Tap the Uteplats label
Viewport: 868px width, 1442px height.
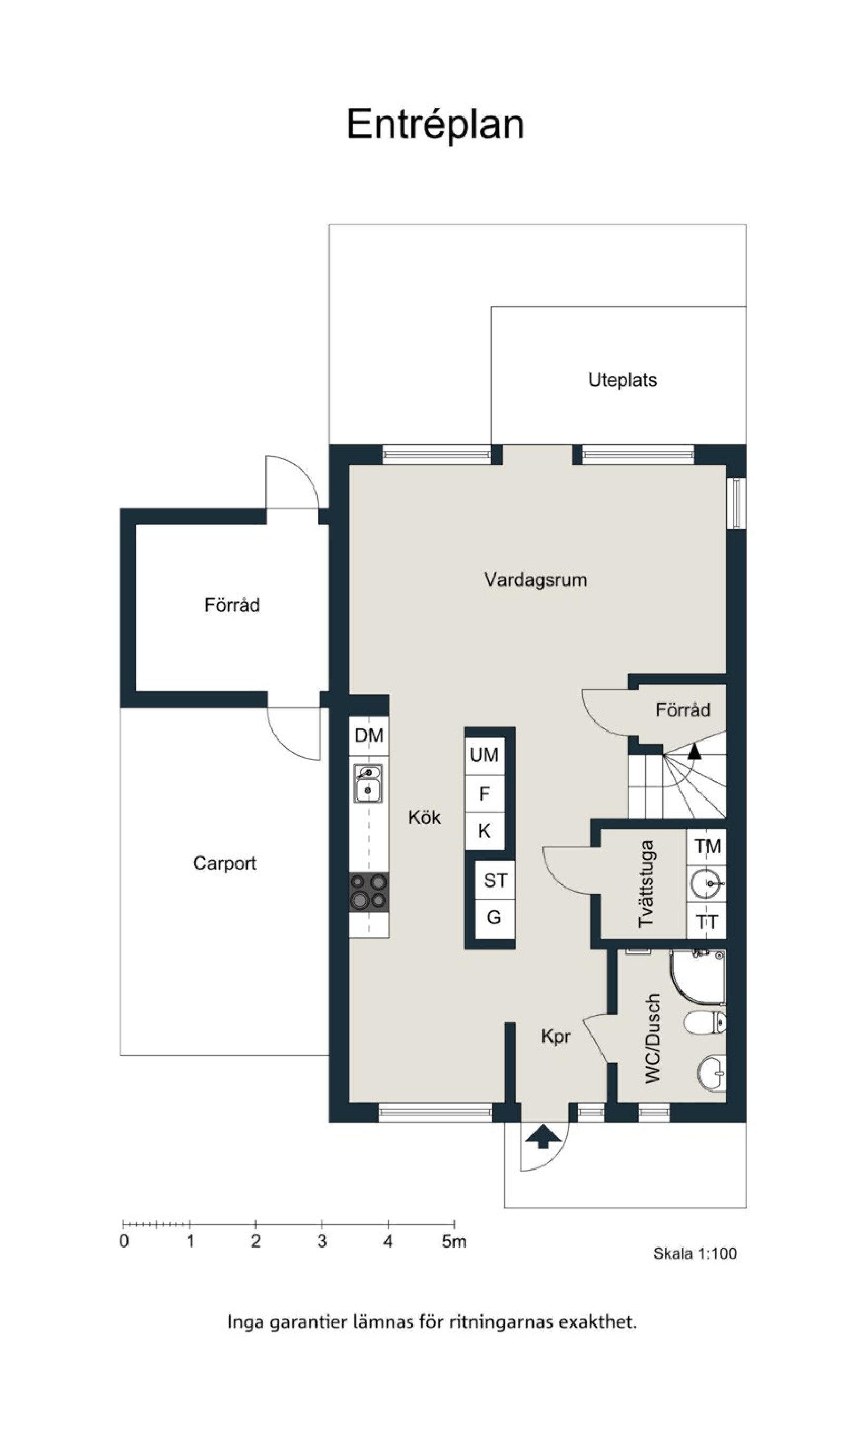coord(623,380)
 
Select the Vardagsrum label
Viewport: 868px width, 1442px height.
coord(535,580)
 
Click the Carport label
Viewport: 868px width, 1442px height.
coord(224,863)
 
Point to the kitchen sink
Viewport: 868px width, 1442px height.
coord(368,783)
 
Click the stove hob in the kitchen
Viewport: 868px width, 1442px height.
coord(369,891)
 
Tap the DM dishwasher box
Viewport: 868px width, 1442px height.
coord(369,736)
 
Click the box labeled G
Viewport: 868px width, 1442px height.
coord(495,918)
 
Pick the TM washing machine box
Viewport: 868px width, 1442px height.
coord(706,846)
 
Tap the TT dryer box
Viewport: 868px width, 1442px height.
coord(706,921)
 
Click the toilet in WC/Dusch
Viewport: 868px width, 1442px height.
coord(705,1022)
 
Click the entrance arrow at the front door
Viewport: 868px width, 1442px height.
coord(544,1136)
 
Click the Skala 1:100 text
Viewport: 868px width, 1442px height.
coord(695,1253)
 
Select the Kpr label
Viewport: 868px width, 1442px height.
coord(556,1036)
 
